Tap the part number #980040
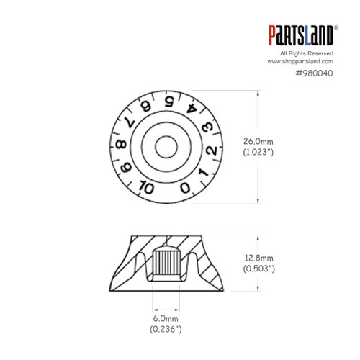click(315, 73)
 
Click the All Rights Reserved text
click(311, 54)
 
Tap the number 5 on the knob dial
click(168, 101)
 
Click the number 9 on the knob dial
click(127, 170)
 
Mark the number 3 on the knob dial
click(206, 128)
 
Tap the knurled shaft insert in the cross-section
click(167, 261)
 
